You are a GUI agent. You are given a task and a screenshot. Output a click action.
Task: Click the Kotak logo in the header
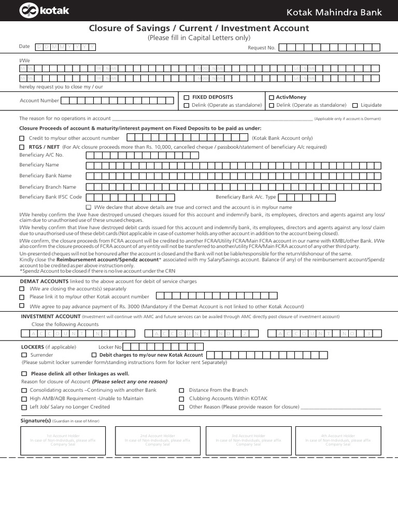37,10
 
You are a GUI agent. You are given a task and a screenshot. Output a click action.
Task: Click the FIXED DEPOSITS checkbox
187,97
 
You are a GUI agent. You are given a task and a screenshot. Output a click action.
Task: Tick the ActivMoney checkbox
271,97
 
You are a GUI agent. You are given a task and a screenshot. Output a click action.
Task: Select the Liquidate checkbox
354,105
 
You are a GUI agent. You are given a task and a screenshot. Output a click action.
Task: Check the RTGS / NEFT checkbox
22,147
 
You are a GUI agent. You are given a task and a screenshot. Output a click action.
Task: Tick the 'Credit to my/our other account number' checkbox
22,138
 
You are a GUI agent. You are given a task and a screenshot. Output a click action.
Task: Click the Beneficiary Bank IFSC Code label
50,197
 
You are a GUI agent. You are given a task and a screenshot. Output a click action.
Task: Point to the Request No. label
261,48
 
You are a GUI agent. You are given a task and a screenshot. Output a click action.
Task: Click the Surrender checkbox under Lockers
24,355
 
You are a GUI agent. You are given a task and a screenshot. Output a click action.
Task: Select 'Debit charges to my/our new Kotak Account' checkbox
94,355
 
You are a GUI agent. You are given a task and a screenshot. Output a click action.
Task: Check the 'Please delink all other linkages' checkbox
24,374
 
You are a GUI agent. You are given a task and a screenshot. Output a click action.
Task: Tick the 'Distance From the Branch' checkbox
181,390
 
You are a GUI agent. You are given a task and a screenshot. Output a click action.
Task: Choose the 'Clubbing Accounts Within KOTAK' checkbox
181,399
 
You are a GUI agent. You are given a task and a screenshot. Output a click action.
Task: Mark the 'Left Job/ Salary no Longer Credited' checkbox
24,408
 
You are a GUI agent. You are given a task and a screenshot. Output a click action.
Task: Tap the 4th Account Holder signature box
338,440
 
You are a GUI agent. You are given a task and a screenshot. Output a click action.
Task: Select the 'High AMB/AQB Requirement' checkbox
24,399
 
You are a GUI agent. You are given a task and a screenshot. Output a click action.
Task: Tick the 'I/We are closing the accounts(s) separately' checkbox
22,289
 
